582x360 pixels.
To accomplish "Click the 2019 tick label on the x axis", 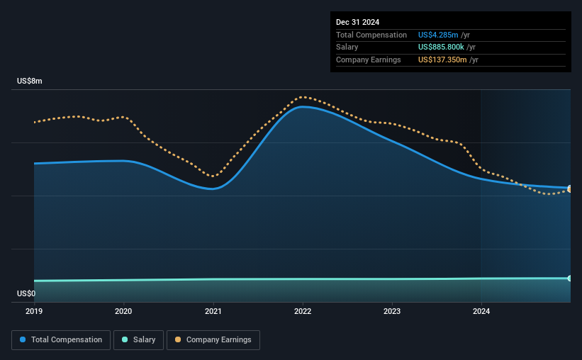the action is (34, 311).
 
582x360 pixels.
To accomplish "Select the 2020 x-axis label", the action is (123, 311).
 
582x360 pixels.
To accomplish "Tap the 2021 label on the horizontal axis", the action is (213, 311).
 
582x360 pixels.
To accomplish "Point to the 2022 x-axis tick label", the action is (303, 311).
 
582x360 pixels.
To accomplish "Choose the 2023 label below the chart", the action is (392, 311).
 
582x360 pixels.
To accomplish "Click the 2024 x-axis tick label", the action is (481, 311).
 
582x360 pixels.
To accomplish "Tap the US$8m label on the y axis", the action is (30, 81).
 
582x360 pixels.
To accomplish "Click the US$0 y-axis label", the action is (26, 293).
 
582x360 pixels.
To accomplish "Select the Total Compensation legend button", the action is (61, 340).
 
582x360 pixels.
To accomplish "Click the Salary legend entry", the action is (138, 340).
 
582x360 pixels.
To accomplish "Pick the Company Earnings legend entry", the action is (213, 340).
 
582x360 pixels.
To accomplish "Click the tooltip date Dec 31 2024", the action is (357, 22).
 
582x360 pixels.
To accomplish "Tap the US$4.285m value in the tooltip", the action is (438, 35).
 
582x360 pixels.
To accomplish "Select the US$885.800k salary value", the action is (441, 47).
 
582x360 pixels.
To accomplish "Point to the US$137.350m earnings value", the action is (442, 60).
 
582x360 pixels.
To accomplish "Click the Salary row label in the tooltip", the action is (347, 47).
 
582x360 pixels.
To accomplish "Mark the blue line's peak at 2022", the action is (303, 107).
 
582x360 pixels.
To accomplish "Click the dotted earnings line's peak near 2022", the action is (303, 97).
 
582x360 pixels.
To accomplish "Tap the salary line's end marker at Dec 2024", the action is (570, 279).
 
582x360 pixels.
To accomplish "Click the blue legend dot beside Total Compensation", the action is (23, 339).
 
